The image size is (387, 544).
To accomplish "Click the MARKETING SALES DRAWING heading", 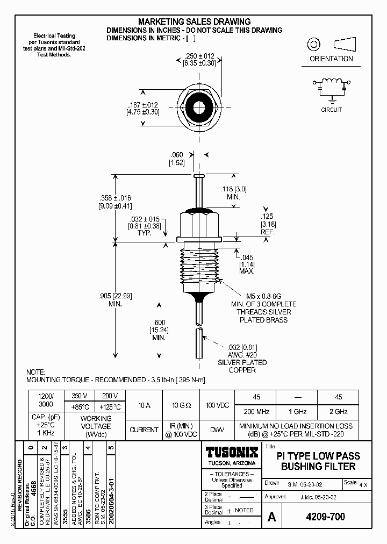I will (x=194, y=22).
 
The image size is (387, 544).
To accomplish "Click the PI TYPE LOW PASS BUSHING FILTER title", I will (x=318, y=461).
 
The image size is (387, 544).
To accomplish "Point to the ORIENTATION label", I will (x=331, y=59).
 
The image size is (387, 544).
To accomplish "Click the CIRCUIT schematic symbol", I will (x=332, y=87).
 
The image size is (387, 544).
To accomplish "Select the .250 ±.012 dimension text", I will (x=200, y=56).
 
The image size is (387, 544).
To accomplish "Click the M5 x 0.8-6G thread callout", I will (x=263, y=296).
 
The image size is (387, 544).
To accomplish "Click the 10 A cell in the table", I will (x=144, y=405).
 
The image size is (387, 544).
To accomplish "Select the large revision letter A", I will (x=272, y=517).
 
